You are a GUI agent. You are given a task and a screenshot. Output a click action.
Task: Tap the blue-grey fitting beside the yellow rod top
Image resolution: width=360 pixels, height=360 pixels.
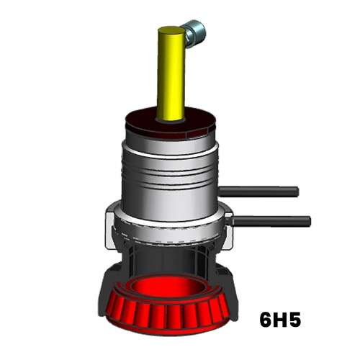point(194,31)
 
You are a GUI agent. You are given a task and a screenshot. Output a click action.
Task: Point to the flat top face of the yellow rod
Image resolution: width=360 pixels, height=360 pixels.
point(171,32)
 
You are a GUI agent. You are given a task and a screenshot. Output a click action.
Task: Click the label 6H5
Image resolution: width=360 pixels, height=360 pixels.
point(279,320)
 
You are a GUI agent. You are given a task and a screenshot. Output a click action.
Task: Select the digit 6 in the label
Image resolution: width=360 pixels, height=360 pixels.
point(265,320)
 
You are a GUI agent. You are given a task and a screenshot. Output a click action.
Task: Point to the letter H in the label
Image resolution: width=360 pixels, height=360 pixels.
point(279,320)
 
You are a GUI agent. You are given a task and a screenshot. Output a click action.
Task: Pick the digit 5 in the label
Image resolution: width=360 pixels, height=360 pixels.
point(294,320)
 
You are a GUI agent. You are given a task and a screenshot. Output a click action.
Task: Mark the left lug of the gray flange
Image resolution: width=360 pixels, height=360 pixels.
point(112,216)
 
